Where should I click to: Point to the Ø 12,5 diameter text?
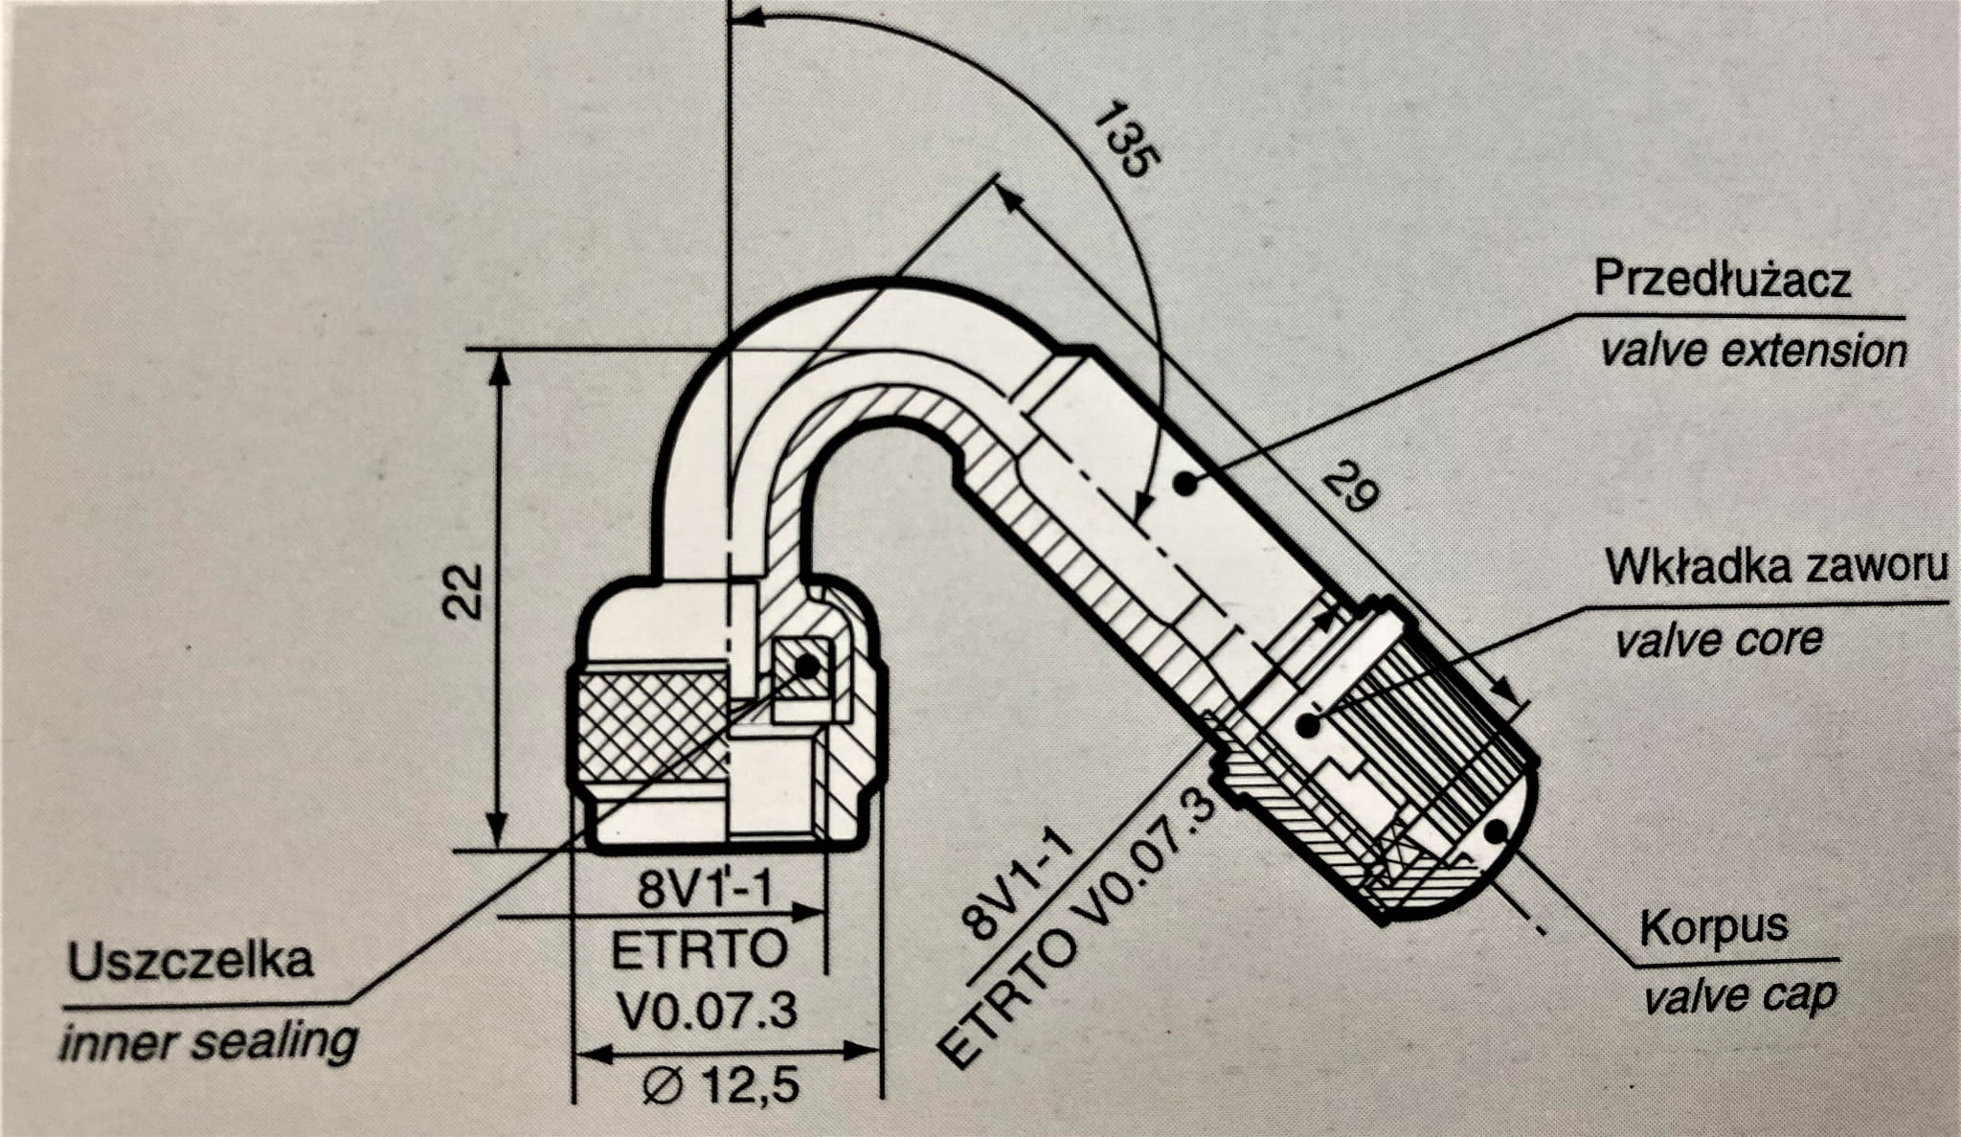point(721,1086)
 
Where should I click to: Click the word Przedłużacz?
point(1722,279)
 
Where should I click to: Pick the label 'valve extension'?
point(1753,351)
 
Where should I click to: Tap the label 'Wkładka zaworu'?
point(1776,566)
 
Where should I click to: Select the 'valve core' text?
point(1719,639)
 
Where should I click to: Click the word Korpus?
point(1713,927)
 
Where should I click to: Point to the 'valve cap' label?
point(1740,998)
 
